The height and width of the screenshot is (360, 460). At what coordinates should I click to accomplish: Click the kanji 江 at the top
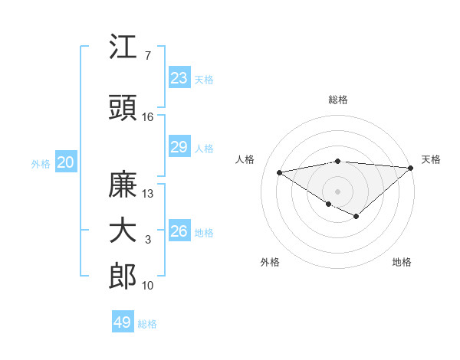[123, 47]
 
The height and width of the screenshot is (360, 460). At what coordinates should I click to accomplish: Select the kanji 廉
[123, 185]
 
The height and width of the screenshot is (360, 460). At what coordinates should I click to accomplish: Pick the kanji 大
[123, 231]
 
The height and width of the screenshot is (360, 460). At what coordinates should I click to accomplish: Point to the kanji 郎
[123, 277]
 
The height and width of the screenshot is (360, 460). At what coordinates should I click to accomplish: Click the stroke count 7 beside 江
[147, 56]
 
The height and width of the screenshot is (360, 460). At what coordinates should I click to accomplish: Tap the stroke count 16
[148, 117]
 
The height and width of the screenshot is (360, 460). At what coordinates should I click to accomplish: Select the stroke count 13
[148, 194]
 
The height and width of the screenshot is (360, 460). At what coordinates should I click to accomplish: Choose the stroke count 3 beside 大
[147, 240]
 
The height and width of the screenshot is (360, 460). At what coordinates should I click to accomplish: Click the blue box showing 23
[179, 78]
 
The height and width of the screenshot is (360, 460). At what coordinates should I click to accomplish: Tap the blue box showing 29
[179, 147]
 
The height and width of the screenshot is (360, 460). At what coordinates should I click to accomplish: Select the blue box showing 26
[179, 231]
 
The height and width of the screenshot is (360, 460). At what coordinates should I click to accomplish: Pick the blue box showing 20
[65, 162]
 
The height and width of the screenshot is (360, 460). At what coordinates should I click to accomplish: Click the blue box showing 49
[123, 322]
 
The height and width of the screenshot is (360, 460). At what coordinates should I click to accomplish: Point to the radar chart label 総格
[338, 100]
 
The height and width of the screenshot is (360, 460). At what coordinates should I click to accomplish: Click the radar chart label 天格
[431, 159]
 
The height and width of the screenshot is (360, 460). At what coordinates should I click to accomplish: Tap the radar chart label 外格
[270, 262]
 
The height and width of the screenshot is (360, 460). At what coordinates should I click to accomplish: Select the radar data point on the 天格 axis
[411, 168]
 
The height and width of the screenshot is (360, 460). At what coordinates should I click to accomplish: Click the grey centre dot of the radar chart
[337, 191]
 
